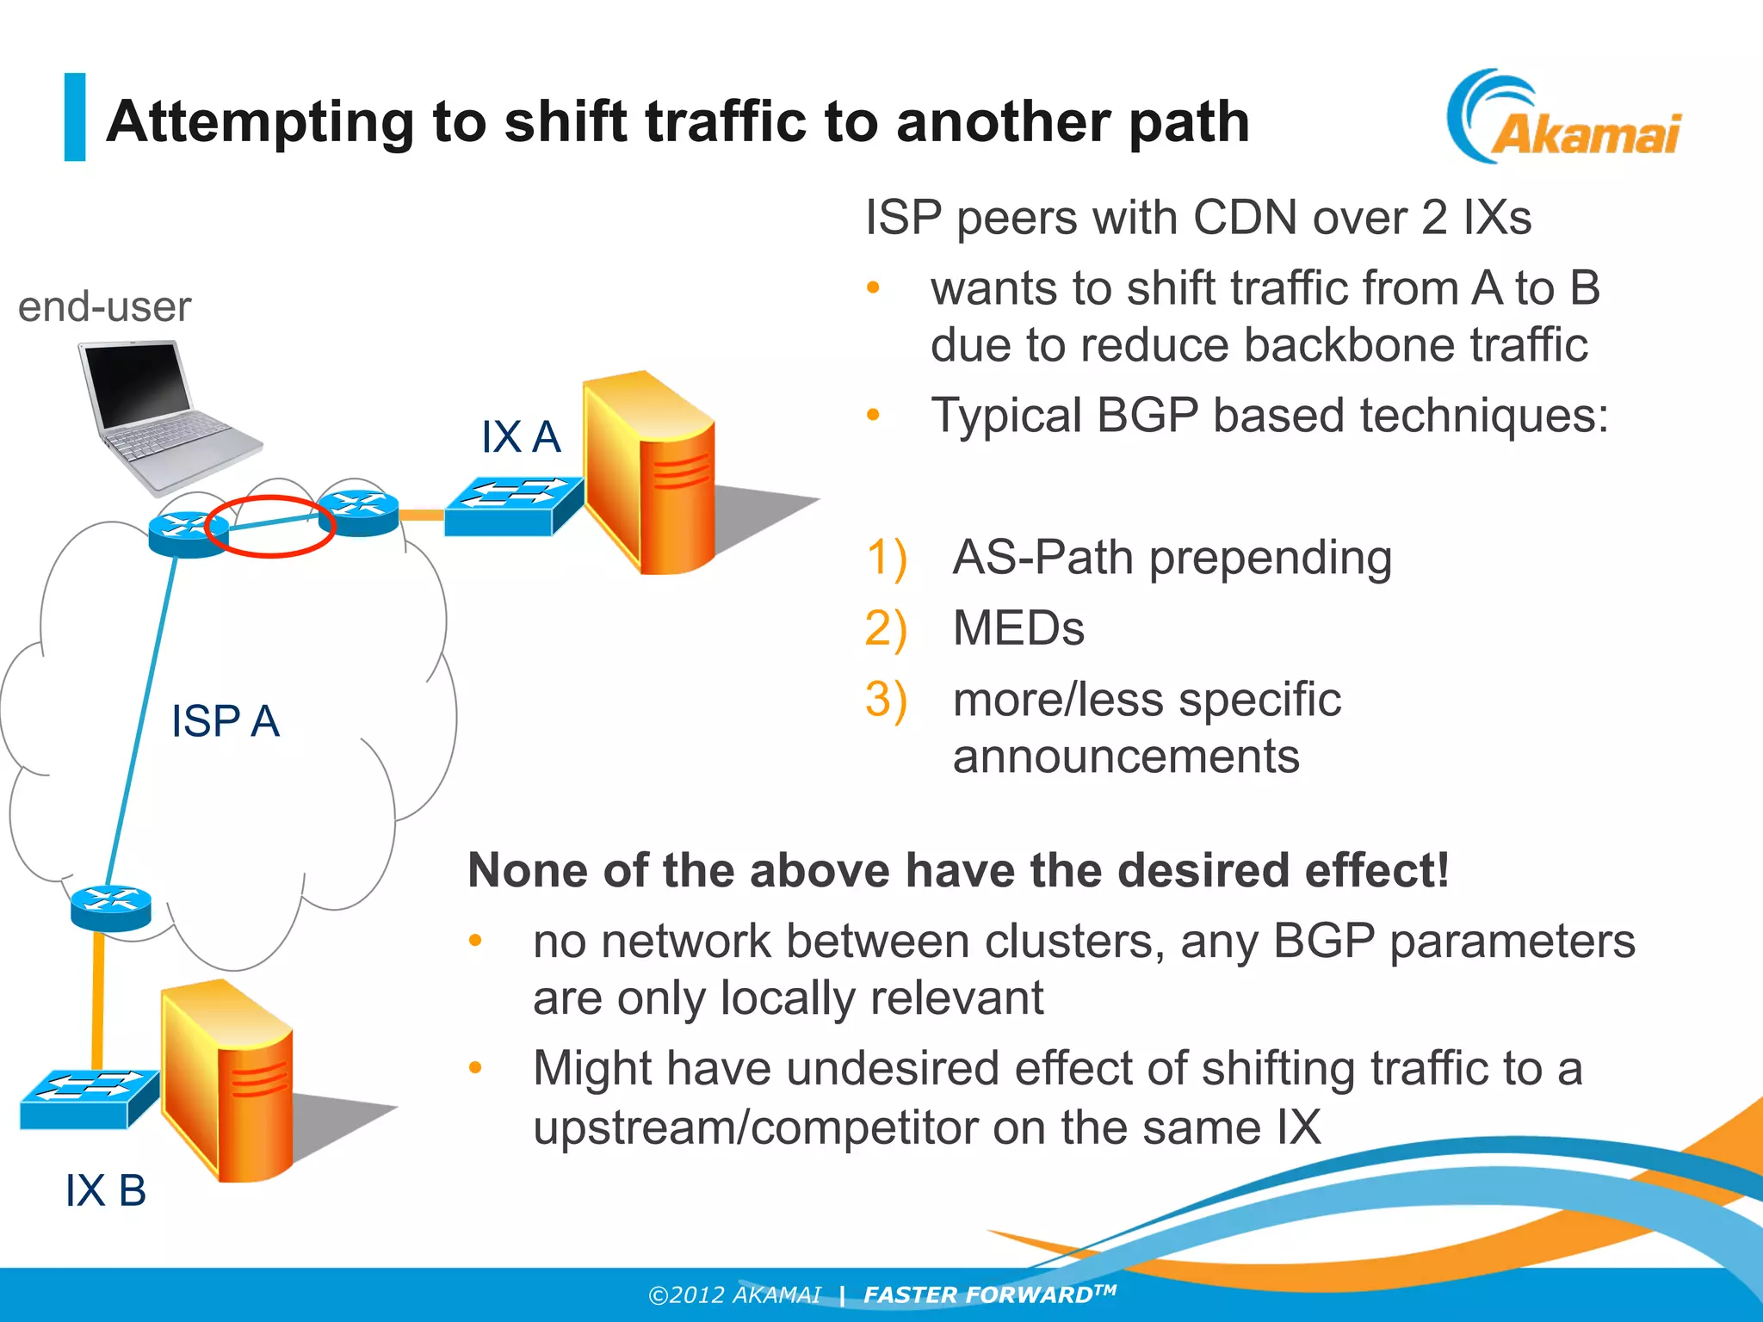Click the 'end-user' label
coord(104,307)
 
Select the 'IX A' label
coord(520,436)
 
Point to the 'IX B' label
coord(105,1190)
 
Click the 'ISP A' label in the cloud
coord(225,720)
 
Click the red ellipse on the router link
coord(270,526)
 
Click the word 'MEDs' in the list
coord(1018,628)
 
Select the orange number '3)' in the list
coord(886,699)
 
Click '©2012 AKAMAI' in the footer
coord(734,1295)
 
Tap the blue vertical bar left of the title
coord(75,117)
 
